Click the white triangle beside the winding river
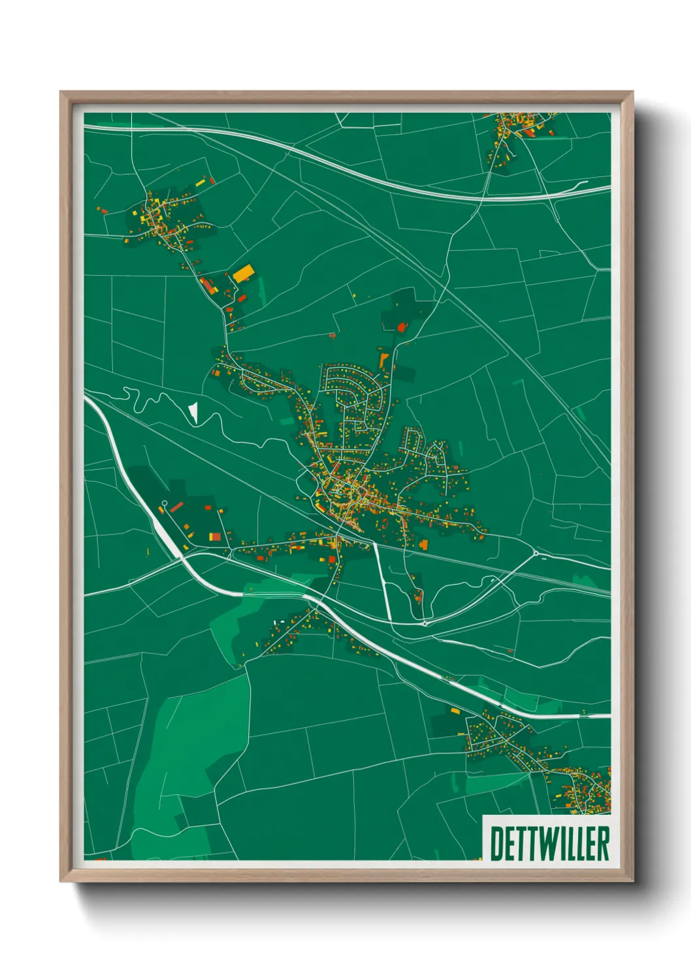193,412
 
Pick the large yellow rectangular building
243,273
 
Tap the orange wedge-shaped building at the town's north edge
383,359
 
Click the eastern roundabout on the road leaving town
536,554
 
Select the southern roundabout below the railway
425,623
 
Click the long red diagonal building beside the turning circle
176,506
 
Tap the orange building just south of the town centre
424,544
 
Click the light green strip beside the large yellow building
261,291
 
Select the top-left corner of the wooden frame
61,93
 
